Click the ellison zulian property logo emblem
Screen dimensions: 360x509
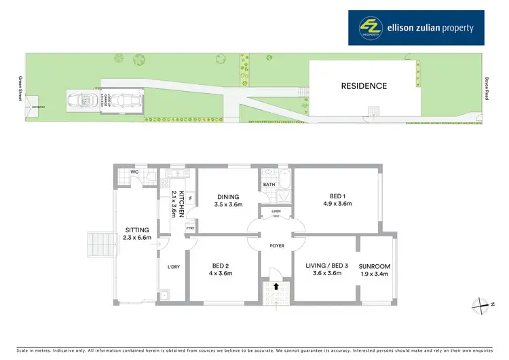tap(371, 28)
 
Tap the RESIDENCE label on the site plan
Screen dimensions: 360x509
tap(364, 86)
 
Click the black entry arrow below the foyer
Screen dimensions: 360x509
tap(276, 285)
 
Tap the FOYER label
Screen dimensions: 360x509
tap(276, 245)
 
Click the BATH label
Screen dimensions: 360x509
tap(269, 184)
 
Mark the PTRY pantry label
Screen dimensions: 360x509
tap(190, 228)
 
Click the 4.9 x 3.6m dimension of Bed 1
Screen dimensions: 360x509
tap(337, 204)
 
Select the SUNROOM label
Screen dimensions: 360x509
tap(375, 266)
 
